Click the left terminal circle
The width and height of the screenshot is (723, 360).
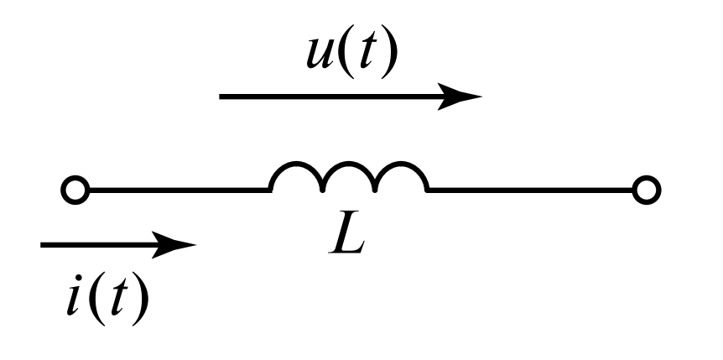click(x=75, y=191)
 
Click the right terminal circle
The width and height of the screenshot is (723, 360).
click(x=646, y=191)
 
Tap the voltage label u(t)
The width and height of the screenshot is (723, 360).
click(x=351, y=55)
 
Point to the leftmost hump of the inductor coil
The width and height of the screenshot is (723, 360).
click(x=296, y=174)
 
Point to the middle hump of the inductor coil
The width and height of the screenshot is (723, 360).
click(x=348, y=174)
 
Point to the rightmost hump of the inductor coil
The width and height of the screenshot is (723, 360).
click(x=401, y=174)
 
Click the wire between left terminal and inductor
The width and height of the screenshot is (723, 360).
click(x=176, y=191)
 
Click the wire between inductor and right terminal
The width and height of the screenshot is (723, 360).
click(x=528, y=191)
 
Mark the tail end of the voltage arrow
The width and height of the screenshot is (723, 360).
click(x=222, y=97)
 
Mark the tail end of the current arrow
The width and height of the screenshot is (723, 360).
click(x=44, y=246)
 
